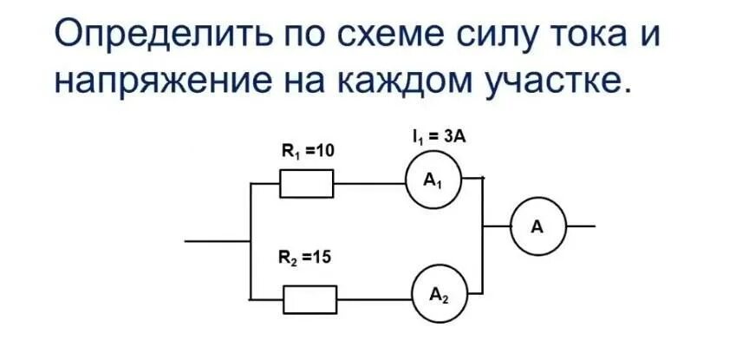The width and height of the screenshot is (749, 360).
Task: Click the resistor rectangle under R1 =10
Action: (306, 184)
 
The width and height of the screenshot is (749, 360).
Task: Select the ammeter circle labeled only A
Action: (537, 227)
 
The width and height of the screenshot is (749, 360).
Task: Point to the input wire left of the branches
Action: (217, 240)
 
